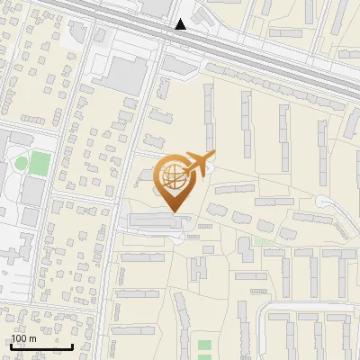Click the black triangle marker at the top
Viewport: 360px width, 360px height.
tap(181, 24)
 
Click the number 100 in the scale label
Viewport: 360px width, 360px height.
tap(19, 338)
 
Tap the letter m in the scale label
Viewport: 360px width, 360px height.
tap(32, 338)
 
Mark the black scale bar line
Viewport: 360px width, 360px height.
tap(41, 346)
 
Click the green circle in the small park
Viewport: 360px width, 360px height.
tap(21, 164)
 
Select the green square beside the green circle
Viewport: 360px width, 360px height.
tap(39, 164)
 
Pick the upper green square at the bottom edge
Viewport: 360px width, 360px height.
tap(204, 345)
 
